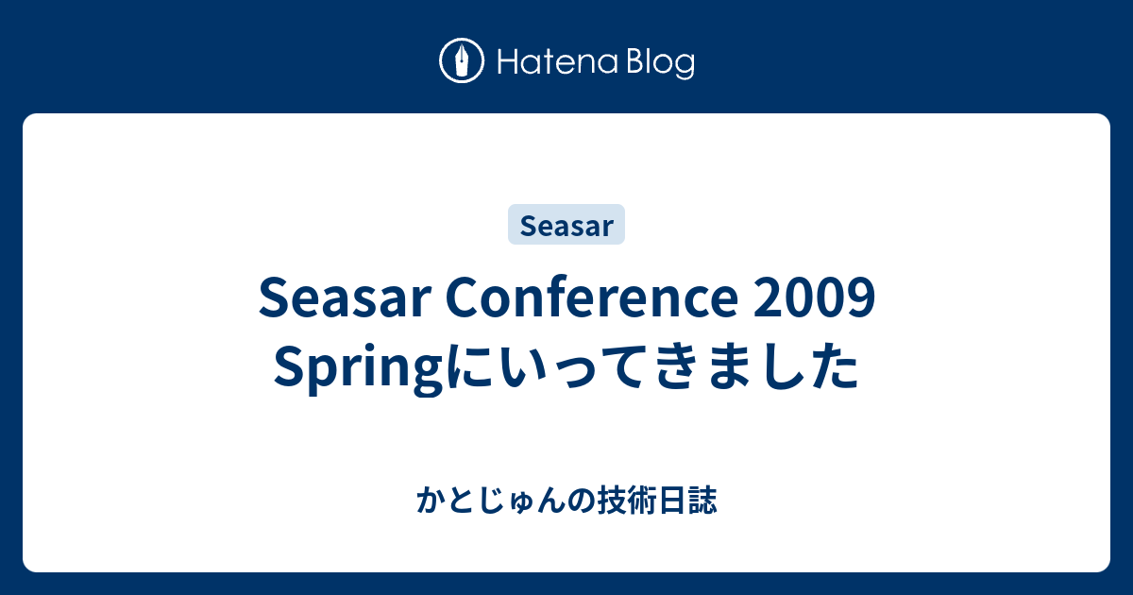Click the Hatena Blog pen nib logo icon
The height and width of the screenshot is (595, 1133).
coord(462,60)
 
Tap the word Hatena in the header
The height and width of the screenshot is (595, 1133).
coord(558,62)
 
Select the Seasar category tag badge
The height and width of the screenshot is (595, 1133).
coord(566,224)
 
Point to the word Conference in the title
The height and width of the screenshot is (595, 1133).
coord(592,297)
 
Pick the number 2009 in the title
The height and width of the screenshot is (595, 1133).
coord(814,298)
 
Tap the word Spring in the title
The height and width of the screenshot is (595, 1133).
coord(359,368)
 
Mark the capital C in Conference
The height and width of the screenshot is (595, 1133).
coord(463,297)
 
